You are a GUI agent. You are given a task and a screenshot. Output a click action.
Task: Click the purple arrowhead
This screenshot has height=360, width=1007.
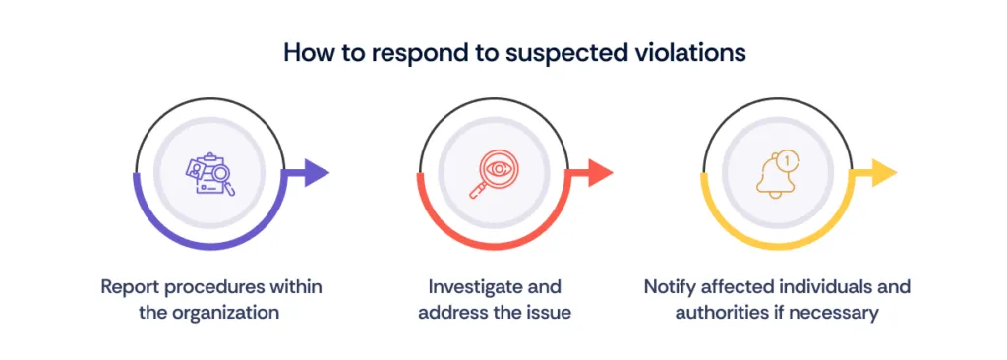(316, 174)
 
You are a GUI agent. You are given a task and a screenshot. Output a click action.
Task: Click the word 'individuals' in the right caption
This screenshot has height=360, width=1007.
(824, 287)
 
